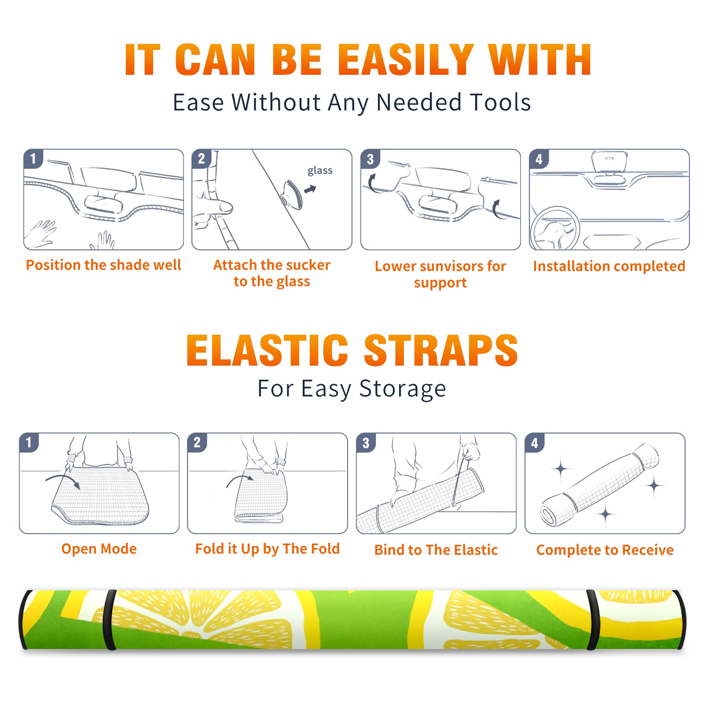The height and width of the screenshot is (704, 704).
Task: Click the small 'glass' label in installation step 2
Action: [320, 171]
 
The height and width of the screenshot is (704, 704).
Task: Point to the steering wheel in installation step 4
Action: [554, 229]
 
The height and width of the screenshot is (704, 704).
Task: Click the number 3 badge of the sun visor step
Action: [370, 159]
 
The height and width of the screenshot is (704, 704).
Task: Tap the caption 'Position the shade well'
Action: [103, 265]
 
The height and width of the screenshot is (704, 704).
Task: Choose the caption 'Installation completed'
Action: [609, 266]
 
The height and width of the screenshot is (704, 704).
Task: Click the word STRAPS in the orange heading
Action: [441, 350]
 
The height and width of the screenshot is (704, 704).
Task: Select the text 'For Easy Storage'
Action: [352, 389]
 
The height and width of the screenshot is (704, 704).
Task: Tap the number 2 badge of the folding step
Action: [197, 443]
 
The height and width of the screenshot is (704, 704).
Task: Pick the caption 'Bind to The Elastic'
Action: [436, 550]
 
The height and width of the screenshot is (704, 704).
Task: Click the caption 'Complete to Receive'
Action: [605, 550]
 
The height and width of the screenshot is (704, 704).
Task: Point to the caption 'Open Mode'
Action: [99, 549]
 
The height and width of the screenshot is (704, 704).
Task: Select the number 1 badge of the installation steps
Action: [33, 158]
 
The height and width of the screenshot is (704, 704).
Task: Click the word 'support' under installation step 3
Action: [440, 282]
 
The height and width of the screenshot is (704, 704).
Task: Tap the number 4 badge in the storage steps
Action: [535, 443]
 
